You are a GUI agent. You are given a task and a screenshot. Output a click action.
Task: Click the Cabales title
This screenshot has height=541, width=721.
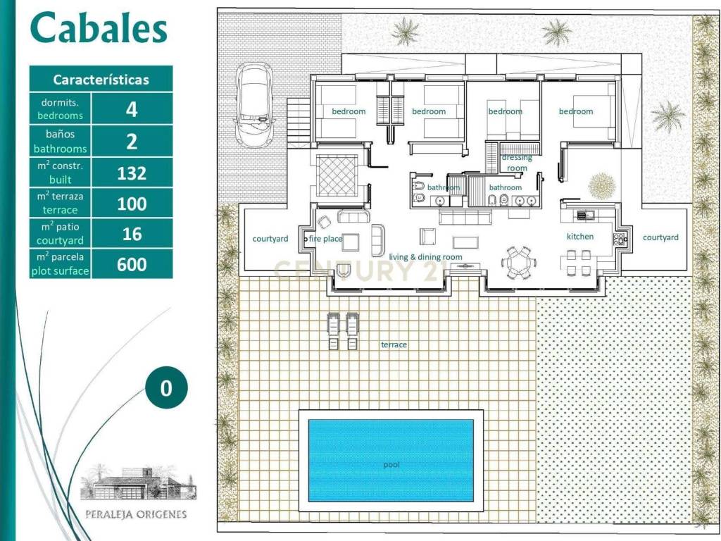tap(99, 28)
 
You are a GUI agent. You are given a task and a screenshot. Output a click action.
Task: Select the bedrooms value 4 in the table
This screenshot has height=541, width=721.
tap(132, 109)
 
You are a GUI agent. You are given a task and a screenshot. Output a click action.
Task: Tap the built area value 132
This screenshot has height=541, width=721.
tap(132, 173)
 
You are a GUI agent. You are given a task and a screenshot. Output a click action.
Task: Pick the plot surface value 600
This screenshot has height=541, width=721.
tap(132, 265)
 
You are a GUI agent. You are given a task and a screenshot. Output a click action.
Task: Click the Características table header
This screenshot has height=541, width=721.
tap(101, 80)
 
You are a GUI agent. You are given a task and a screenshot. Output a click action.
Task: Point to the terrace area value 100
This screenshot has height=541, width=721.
tap(132, 204)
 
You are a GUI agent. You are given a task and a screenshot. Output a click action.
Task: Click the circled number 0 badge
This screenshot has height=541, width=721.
tap(166, 388)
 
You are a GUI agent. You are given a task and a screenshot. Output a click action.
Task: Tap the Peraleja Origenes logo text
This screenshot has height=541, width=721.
tap(136, 514)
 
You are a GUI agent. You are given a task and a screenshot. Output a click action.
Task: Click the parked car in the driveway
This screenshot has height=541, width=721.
tap(253, 105)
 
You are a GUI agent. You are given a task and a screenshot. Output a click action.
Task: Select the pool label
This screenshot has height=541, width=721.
tap(391, 465)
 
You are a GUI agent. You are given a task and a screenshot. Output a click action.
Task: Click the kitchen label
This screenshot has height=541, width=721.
tap(580, 237)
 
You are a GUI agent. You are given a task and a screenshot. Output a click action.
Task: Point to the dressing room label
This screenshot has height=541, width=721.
tap(517, 163)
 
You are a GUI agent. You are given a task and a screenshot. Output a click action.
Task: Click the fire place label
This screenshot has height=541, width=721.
tap(325, 239)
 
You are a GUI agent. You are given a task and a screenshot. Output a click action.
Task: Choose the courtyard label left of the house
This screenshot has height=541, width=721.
tap(270, 239)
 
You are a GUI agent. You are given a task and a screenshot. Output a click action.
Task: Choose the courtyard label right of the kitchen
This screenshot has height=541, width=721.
tap(660, 237)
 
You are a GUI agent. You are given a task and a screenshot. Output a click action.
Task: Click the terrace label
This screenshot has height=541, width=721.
tap(394, 344)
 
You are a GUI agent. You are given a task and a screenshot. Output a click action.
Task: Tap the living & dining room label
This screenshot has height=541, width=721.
tap(425, 257)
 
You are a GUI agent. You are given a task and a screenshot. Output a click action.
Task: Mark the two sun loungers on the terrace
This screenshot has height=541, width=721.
tap(343, 331)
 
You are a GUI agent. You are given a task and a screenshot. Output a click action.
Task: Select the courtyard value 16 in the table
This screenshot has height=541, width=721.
tap(132, 234)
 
